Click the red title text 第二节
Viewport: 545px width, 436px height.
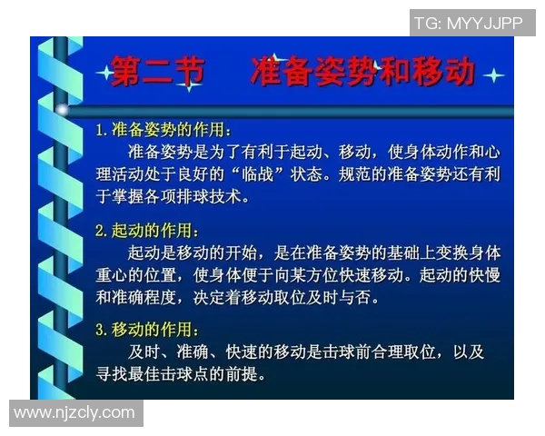pos(156,70)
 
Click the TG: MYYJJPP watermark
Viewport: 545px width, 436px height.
pos(468,23)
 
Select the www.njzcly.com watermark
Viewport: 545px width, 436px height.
pos(74,413)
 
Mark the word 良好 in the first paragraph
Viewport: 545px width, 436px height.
pos(216,173)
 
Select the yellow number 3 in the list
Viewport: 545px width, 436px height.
pos(101,331)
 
